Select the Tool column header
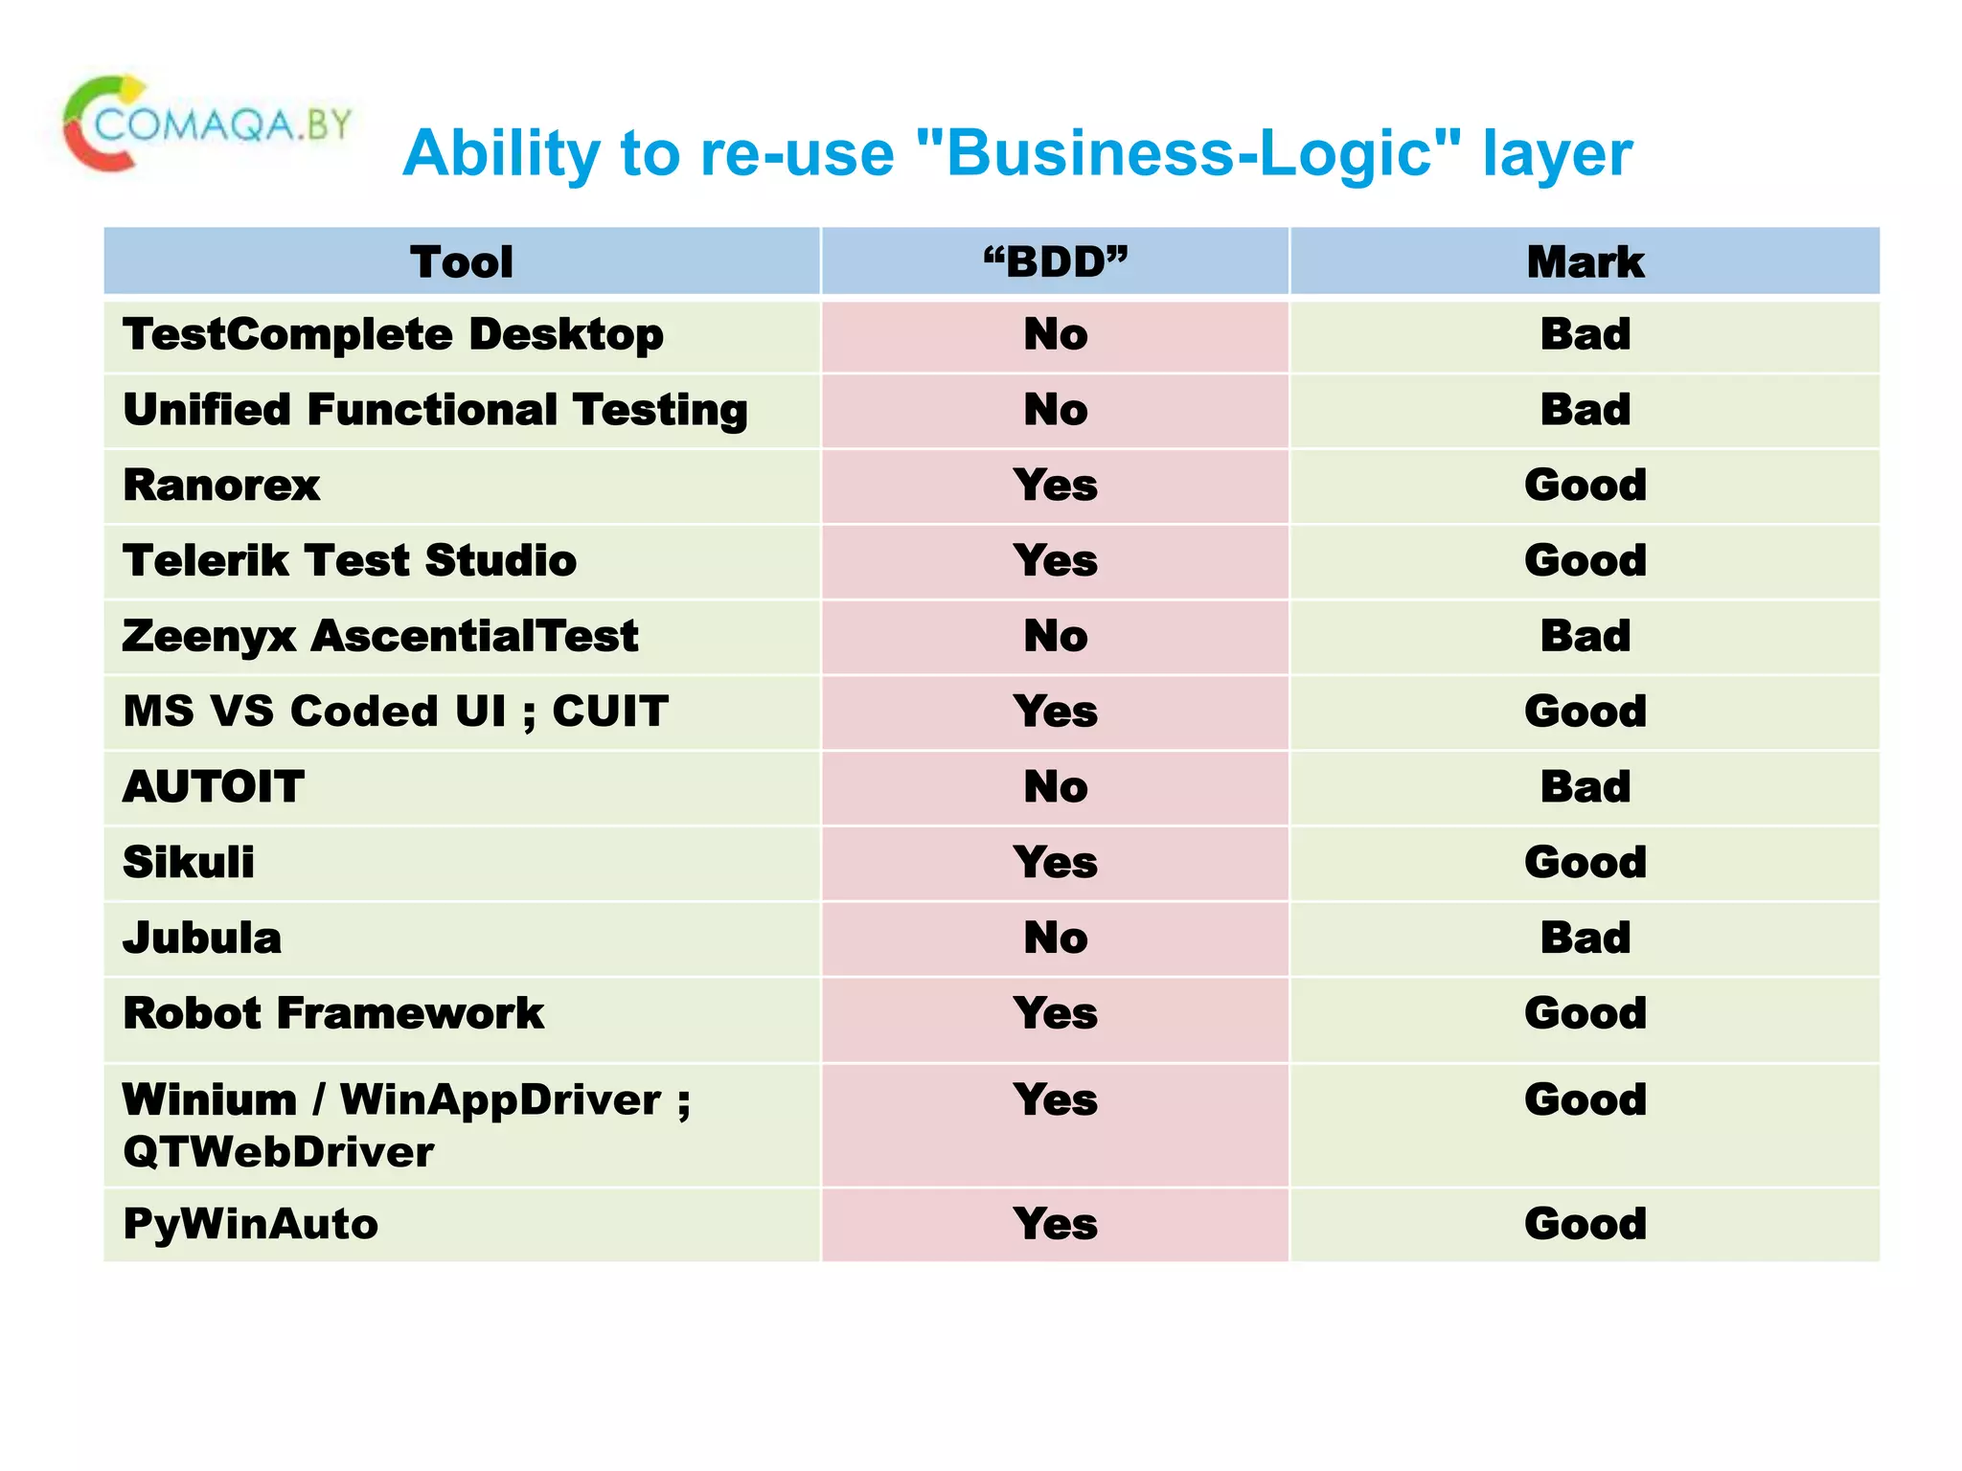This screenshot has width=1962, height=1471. click(462, 261)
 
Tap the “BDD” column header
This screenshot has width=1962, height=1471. click(1056, 261)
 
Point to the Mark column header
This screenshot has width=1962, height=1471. click(1586, 261)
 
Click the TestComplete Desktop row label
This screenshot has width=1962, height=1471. click(393, 335)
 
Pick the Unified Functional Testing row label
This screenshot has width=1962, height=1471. click(435, 410)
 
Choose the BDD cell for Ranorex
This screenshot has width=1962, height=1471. click(1056, 486)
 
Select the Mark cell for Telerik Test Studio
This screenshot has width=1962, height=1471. click(1586, 561)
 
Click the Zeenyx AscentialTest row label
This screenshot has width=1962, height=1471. click(380, 637)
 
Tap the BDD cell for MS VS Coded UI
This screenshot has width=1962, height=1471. click(1056, 712)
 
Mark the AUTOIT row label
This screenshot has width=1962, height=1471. click(214, 787)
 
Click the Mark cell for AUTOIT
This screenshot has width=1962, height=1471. click(1586, 787)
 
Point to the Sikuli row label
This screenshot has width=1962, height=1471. click(189, 863)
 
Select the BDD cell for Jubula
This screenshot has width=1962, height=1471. click(1056, 938)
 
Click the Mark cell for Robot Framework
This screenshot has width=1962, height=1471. click(1586, 1013)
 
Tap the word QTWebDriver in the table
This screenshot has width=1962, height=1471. click(278, 1152)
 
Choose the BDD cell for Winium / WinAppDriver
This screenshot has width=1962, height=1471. click(1056, 1099)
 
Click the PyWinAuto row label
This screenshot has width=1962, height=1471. click(251, 1224)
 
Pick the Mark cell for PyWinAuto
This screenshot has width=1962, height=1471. click(1586, 1224)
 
